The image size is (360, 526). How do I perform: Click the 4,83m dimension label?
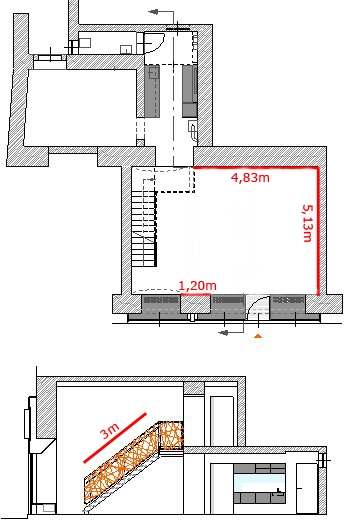pos(250,177)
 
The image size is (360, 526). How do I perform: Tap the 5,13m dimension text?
pos(307,223)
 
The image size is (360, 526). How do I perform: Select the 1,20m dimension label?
pos(198,285)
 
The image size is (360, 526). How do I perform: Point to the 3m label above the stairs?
pos(110,431)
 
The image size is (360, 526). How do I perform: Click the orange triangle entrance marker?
pos(258,336)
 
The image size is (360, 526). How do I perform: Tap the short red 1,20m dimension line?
pos(196,294)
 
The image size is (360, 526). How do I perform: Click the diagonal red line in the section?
pos(115,438)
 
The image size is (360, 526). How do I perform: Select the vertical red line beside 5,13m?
pos(317,231)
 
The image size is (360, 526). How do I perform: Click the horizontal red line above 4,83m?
pos(256,167)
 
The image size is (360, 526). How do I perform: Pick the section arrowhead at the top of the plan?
pos(153,12)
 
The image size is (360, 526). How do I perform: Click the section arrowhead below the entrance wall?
pos(223,332)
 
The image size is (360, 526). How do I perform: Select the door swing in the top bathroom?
pos(155,43)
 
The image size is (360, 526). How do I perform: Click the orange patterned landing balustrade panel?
pos(171,435)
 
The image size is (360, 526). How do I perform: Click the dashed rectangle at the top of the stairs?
pos(174,180)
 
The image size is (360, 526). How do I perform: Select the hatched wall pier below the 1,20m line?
pos(195,304)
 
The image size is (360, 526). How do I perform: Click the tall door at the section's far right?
pos(307,488)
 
